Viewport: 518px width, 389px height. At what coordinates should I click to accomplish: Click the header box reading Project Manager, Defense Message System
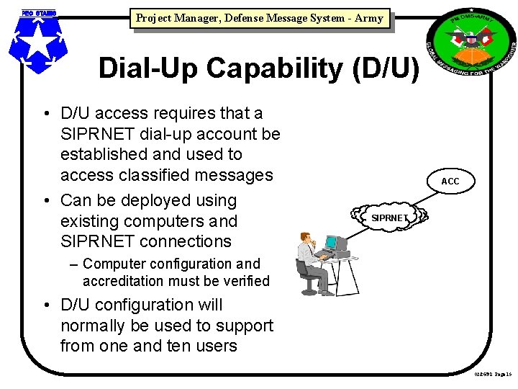click(259, 18)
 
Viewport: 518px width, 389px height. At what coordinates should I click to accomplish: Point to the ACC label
click(450, 181)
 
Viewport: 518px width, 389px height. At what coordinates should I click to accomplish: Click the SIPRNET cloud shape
click(389, 217)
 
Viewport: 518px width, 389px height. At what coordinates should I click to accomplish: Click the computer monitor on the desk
click(333, 243)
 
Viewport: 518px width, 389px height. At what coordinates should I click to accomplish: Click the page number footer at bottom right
click(493, 375)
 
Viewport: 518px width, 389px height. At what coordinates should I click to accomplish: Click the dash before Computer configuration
click(75, 264)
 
